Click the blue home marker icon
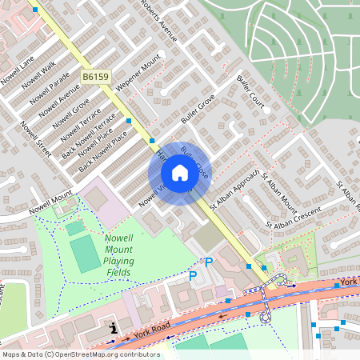(179, 172)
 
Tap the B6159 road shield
(95, 76)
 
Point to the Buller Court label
(250, 94)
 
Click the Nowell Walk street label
(38, 77)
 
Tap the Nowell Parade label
(49, 90)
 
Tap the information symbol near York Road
(114, 327)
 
